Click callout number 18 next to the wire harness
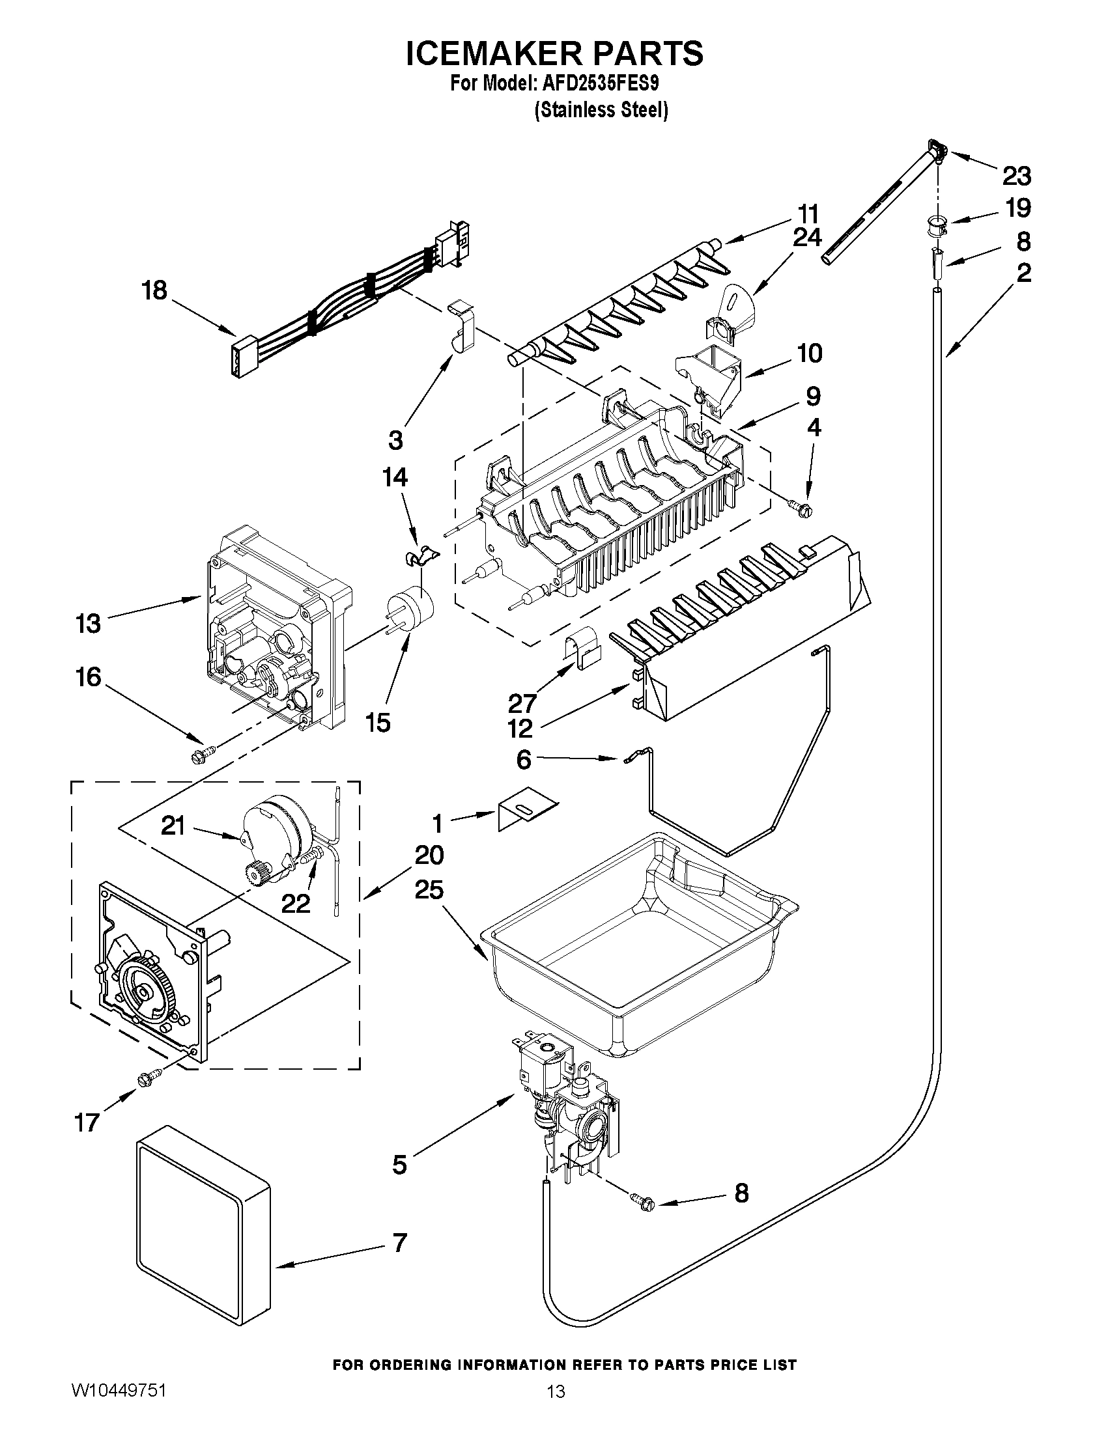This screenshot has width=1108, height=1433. coord(155,290)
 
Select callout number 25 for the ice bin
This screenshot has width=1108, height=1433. coord(429,890)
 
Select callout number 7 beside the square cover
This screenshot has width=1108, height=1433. coord(400,1243)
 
